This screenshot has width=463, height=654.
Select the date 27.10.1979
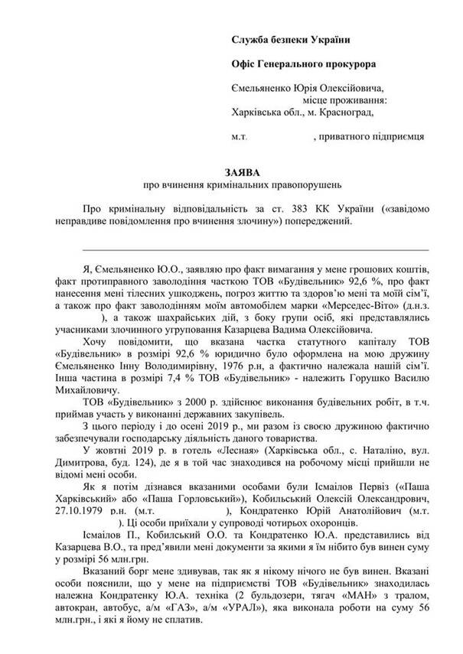(x=84, y=507)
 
